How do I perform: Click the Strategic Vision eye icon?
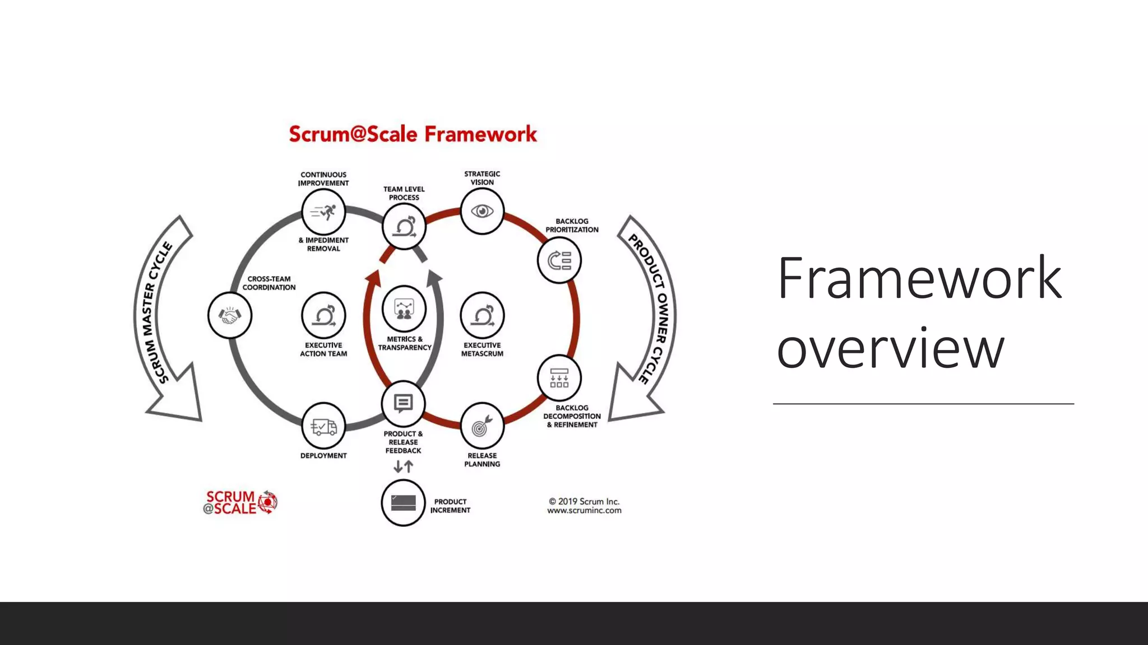[x=482, y=212]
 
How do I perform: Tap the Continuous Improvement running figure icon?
[x=323, y=212]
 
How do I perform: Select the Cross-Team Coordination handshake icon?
[x=230, y=315]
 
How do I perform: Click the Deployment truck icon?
[x=323, y=427]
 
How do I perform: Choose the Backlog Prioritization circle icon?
[x=559, y=260]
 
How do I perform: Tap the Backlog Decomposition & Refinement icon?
[x=559, y=378]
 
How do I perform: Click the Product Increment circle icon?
[x=403, y=503]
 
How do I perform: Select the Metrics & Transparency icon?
[x=404, y=309]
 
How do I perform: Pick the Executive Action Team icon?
[x=323, y=315]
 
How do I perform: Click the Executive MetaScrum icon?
[x=482, y=315]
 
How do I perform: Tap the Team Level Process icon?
[x=404, y=227]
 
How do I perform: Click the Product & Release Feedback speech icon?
[x=403, y=404]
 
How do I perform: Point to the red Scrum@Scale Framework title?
[x=413, y=134]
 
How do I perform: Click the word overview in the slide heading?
[x=890, y=348]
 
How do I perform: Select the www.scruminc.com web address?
[x=584, y=511]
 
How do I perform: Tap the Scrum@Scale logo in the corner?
[x=240, y=502]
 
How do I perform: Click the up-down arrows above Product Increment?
[x=403, y=466]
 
